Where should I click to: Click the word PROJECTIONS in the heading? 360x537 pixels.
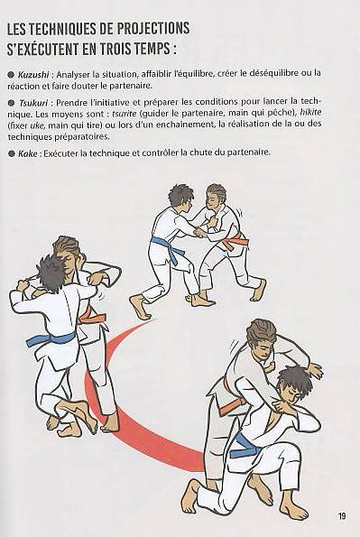coord(153,28)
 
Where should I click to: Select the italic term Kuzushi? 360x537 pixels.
coord(33,74)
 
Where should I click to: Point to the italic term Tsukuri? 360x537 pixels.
coord(33,102)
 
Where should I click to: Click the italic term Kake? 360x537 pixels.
coord(28,153)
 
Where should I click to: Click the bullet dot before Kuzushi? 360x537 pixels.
coord(12,74)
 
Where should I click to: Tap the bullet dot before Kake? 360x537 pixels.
coord(12,153)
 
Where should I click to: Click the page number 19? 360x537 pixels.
coord(342,516)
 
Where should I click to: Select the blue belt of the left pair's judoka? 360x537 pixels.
coord(51,339)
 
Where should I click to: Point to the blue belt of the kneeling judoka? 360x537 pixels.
coord(244,446)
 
